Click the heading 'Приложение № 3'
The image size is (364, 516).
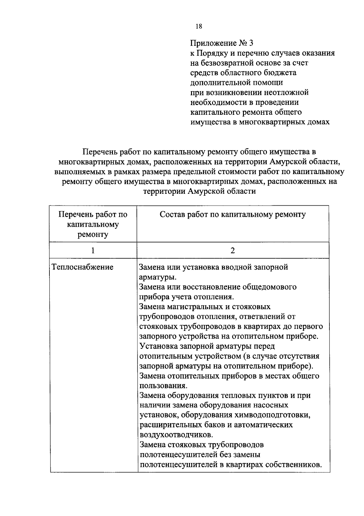coord(221,43)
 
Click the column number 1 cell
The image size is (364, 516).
coord(93,250)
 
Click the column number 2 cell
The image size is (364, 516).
coord(233,250)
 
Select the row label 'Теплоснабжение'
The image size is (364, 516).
coord(83,267)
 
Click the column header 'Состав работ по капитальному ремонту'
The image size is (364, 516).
coord(233,215)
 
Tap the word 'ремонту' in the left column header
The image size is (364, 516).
coord(93,234)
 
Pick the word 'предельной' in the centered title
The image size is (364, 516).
coord(194,172)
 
